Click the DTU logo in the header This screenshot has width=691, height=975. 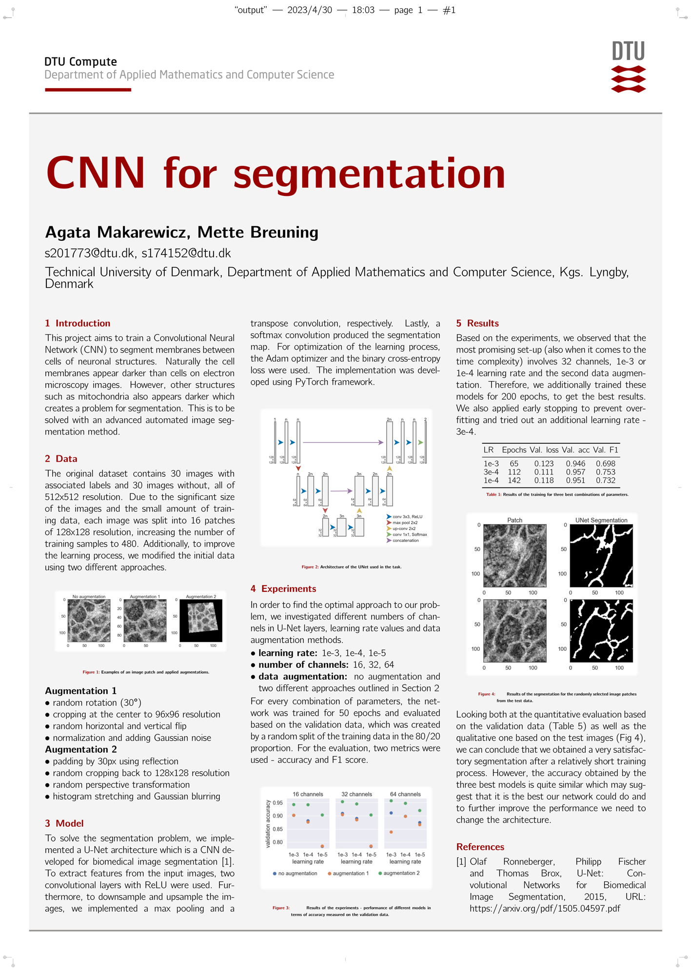(628, 67)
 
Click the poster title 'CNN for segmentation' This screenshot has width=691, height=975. (276, 174)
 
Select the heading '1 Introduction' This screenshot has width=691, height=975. (78, 323)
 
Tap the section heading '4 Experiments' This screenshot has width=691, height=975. (283, 588)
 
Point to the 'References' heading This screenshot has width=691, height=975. (480, 847)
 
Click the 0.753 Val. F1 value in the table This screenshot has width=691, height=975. (605, 472)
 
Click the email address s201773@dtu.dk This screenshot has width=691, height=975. (89, 253)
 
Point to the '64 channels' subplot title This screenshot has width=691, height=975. (405, 794)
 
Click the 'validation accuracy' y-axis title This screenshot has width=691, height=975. (268, 823)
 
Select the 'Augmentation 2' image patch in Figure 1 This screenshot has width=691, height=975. (201, 621)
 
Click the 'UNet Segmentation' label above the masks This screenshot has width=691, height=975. (601, 520)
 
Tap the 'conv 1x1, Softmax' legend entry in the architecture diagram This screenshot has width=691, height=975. (409, 534)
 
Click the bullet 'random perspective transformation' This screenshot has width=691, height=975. (121, 784)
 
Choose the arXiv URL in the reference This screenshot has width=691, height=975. (545, 908)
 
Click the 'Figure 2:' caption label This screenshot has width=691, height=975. (310, 567)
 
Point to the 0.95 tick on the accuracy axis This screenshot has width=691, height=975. (277, 803)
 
